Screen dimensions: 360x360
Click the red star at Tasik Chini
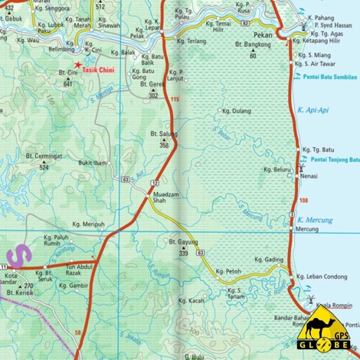(79, 67)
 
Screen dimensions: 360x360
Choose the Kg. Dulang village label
(236, 111)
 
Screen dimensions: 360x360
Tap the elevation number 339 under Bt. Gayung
(184, 252)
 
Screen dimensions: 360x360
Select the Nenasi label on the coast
(309, 175)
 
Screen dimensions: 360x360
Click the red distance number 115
(175, 100)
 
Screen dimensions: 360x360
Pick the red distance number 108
(304, 201)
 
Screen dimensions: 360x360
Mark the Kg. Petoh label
(228, 271)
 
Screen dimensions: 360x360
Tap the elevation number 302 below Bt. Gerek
(153, 96)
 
